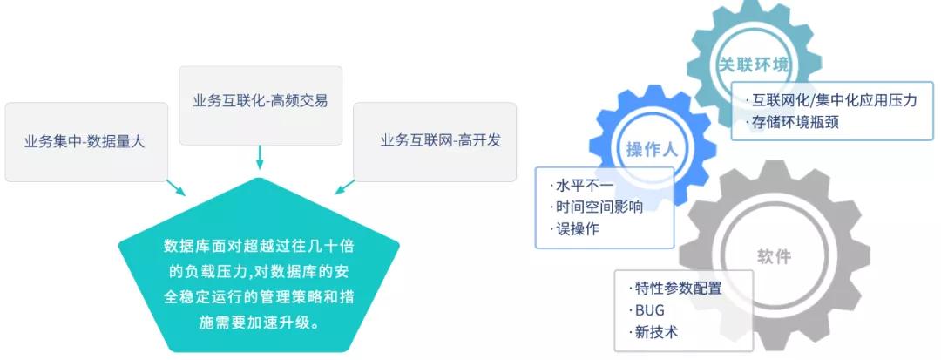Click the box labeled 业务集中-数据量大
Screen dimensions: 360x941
pos(85,141)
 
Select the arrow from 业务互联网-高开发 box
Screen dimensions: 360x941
pos(344,187)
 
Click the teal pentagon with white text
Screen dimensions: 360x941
pos(259,270)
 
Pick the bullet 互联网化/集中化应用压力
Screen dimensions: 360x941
pos(833,100)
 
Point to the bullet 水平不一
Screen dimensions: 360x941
pos(573,186)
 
